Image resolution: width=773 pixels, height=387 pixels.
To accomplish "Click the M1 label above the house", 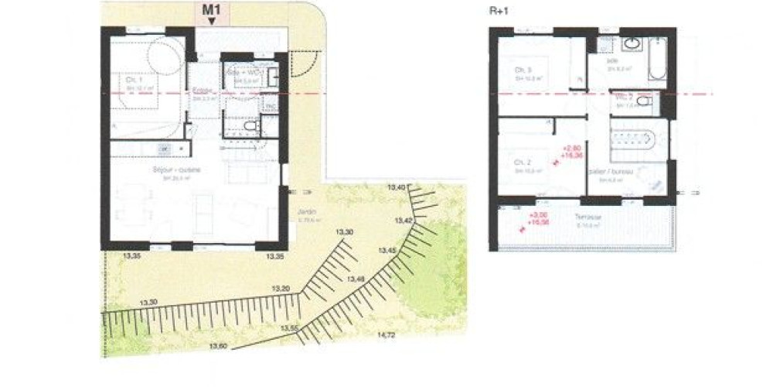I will [x=212, y=10].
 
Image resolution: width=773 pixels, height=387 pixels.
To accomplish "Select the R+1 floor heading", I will [x=499, y=11].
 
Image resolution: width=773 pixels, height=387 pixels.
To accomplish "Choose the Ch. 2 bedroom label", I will [x=523, y=163].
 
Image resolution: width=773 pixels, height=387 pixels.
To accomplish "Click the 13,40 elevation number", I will [x=397, y=188].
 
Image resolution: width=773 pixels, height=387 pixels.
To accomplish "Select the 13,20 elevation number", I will [x=282, y=289].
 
